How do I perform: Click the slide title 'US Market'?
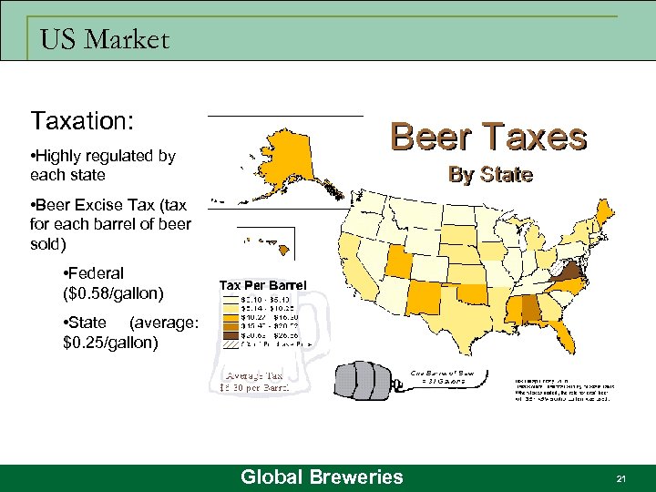tap(105, 40)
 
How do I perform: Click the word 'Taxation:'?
tap(83, 121)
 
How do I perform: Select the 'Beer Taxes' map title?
tap(488, 138)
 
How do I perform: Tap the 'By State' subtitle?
tap(490, 174)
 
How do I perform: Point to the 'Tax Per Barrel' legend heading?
tap(262, 284)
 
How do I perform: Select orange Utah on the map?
tap(397, 261)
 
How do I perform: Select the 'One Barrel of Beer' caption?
tap(443, 373)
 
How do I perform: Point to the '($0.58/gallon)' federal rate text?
tap(115, 293)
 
